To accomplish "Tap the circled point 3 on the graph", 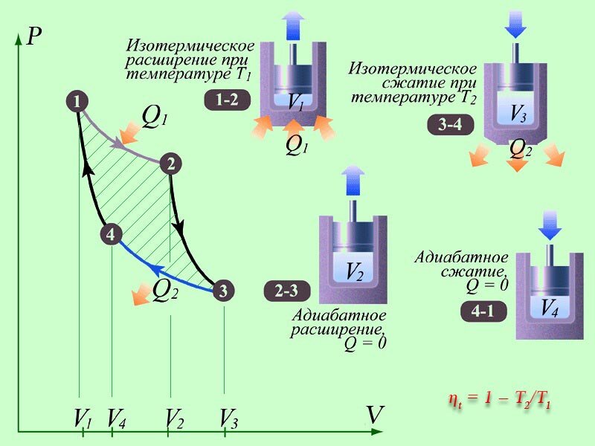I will [223, 291].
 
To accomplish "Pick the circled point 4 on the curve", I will [110, 235].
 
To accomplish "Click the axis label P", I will [33, 36].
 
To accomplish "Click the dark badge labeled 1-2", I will [227, 100].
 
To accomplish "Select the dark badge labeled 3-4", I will [450, 124].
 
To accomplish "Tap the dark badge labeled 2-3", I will [286, 292].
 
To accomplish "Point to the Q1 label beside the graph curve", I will [155, 115].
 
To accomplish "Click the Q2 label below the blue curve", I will [165, 291].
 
